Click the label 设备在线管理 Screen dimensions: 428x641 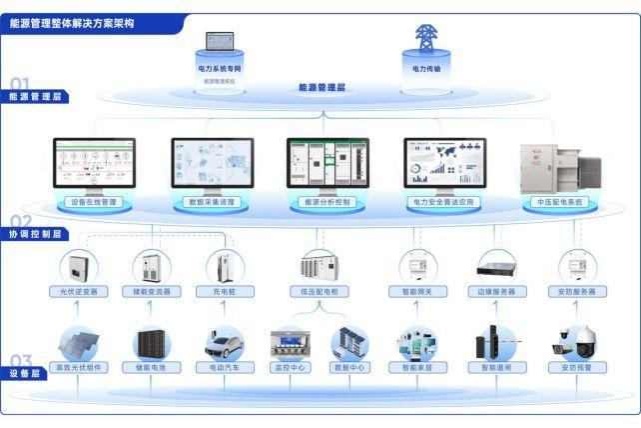tap(94, 202)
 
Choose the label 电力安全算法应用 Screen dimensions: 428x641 tap(444, 202)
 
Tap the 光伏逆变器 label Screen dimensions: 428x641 tap(78, 292)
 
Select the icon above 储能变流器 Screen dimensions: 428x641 tap(152, 266)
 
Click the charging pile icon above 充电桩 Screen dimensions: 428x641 tap(225, 266)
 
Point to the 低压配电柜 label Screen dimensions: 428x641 tap(320, 292)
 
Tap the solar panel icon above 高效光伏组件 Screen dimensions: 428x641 tap(79, 343)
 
